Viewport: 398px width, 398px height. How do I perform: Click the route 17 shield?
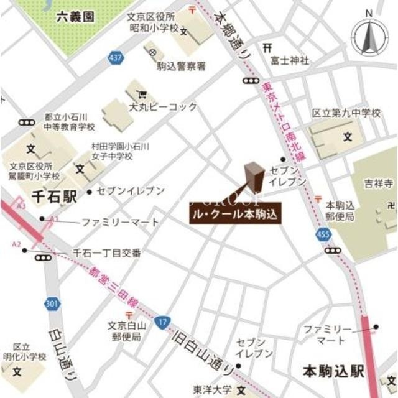162,322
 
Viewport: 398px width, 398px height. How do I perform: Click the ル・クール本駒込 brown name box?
235,215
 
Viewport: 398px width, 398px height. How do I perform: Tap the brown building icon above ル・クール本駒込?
254,177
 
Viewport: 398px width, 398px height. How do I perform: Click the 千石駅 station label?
55,197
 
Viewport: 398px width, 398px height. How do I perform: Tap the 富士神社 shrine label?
290,60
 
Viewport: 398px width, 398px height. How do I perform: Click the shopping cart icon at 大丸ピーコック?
142,95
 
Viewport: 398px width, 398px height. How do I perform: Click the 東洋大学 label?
211,390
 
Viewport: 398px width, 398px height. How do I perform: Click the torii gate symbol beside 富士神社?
267,48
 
